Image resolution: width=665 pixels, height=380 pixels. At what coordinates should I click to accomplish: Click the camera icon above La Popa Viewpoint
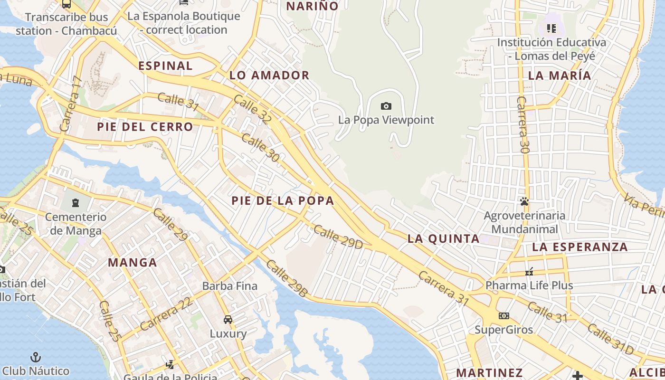click(x=386, y=106)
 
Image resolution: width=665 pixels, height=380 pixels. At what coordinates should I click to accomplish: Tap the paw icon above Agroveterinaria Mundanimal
click(x=524, y=201)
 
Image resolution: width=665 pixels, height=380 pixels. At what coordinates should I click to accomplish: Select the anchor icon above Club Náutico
click(x=36, y=357)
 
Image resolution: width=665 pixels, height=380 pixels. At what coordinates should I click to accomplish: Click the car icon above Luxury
click(x=228, y=319)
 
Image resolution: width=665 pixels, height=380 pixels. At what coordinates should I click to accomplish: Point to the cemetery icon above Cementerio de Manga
click(x=75, y=203)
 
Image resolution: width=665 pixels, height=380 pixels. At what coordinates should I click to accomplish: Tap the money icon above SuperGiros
click(x=503, y=315)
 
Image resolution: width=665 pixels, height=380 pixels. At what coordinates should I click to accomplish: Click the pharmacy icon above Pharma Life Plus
click(x=529, y=272)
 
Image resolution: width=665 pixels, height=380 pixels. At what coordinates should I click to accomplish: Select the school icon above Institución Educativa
click(x=551, y=28)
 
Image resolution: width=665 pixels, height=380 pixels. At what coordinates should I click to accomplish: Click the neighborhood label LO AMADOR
click(x=269, y=75)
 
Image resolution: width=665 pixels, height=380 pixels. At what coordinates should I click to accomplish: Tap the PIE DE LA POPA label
click(x=283, y=200)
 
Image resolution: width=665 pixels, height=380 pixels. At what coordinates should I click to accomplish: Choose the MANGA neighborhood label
click(x=133, y=262)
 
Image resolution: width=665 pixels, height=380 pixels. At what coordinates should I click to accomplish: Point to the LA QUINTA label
click(x=444, y=238)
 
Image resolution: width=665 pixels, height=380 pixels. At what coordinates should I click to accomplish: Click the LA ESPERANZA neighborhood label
click(x=580, y=247)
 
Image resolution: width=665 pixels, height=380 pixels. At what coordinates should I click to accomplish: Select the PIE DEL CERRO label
click(x=145, y=127)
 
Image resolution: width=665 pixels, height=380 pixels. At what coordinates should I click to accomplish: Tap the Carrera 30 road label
click(x=523, y=124)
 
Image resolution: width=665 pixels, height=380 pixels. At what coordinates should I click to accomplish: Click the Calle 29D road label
click(x=338, y=237)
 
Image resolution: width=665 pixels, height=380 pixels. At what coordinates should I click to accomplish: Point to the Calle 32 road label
click(x=253, y=109)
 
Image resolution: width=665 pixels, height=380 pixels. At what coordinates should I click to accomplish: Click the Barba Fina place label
click(x=230, y=286)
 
